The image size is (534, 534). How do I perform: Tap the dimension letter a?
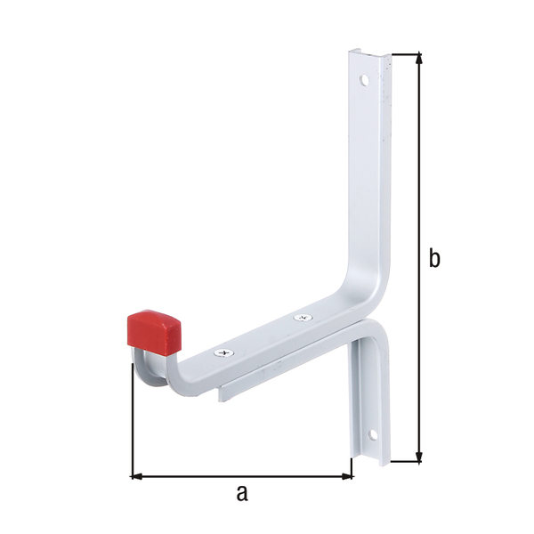[241, 493]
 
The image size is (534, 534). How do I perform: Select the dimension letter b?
[433, 258]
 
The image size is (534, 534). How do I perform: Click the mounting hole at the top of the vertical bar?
[363, 80]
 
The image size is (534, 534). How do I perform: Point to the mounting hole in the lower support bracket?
[375, 436]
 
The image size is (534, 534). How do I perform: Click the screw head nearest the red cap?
[222, 353]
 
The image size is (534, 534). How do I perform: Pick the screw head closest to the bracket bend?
[301, 317]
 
